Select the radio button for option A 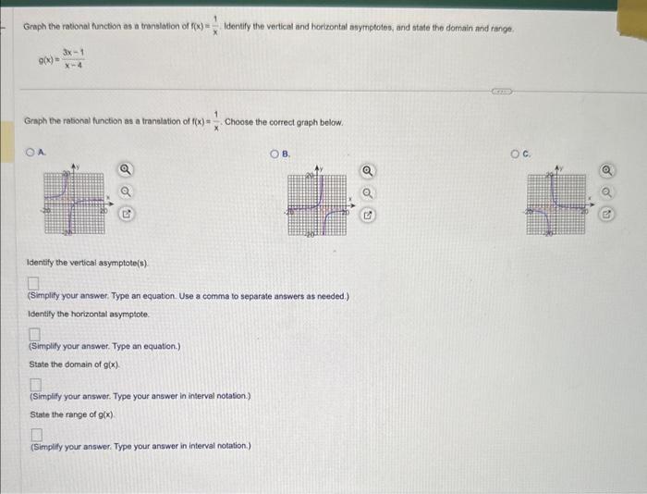(32, 153)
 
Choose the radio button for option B (275, 153)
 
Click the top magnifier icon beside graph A (126, 169)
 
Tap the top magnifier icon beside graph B (368, 170)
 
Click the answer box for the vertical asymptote (33, 283)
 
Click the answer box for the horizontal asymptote (35, 333)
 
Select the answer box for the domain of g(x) (35, 383)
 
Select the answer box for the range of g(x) (36, 433)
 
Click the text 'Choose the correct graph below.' (284, 121)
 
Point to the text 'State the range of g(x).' (72, 414)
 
